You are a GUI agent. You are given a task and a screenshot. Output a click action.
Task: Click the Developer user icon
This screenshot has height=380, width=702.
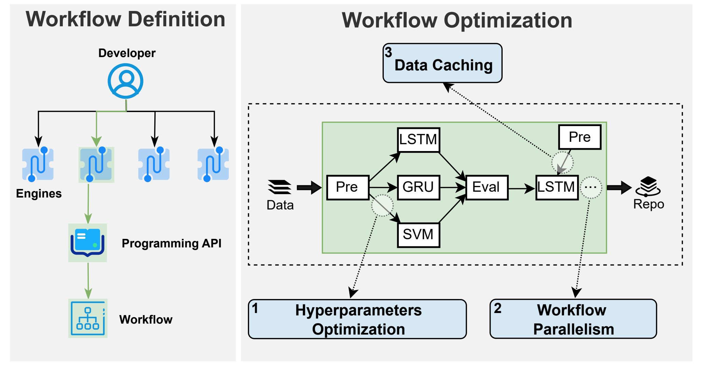click(x=126, y=81)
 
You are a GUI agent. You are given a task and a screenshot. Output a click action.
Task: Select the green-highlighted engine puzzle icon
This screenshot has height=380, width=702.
click(x=96, y=164)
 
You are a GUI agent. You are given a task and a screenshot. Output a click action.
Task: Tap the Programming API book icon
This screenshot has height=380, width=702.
click(x=87, y=243)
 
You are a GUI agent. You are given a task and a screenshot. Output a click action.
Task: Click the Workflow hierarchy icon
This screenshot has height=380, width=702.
click(x=88, y=318)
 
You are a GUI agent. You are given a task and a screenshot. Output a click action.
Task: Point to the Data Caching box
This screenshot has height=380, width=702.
click(x=443, y=63)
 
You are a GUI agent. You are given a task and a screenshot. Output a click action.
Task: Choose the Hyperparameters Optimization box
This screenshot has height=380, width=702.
click(x=357, y=319)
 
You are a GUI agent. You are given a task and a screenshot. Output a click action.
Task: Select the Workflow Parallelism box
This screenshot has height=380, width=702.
click(x=573, y=319)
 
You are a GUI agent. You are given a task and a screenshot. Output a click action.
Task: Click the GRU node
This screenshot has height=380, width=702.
click(x=419, y=187)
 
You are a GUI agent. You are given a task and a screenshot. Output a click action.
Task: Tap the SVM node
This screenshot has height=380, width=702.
click(x=419, y=235)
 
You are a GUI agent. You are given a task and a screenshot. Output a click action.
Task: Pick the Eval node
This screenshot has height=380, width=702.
click(x=487, y=187)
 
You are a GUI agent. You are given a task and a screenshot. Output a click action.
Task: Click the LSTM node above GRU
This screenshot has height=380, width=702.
click(x=419, y=140)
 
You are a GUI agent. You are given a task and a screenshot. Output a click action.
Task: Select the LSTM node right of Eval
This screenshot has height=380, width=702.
click(x=557, y=187)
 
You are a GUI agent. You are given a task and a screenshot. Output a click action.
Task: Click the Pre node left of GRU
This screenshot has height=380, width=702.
click(x=348, y=187)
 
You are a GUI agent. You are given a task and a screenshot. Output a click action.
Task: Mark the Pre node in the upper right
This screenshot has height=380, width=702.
click(x=580, y=137)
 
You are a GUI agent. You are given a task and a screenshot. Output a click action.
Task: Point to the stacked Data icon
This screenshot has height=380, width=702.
click(x=280, y=187)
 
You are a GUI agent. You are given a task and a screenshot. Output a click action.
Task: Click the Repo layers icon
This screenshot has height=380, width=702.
click(x=648, y=186)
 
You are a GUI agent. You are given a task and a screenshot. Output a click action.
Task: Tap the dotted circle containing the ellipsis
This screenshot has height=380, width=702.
click(x=591, y=188)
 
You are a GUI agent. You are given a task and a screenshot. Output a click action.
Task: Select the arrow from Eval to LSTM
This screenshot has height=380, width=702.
click(x=522, y=188)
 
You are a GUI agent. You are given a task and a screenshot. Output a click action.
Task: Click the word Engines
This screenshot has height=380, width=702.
click(x=39, y=194)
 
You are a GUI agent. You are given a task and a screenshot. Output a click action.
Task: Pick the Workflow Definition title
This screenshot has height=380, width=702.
click(x=126, y=19)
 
